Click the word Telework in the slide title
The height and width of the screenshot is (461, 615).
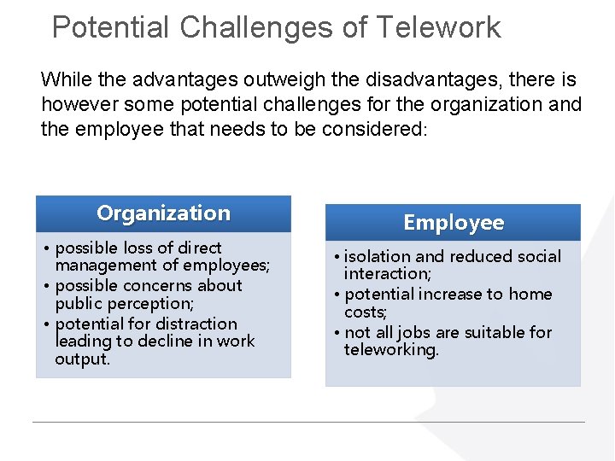438,27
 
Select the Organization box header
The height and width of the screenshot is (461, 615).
163,213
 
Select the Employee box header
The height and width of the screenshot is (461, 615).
454,223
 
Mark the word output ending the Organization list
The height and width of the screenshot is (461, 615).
82,359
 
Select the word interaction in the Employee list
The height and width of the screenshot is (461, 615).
387,274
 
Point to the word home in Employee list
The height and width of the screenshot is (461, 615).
530,295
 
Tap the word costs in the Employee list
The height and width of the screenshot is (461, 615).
365,312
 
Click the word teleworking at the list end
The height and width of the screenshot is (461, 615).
390,350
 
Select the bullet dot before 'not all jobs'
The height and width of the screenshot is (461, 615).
338,333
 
